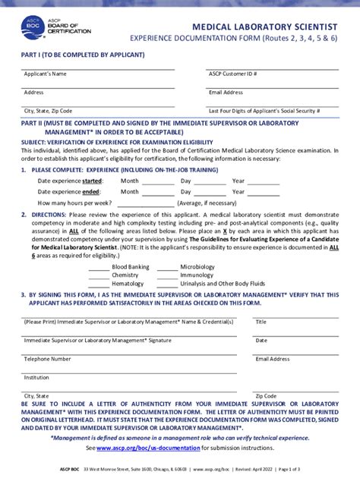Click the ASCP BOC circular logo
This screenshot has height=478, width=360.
coord(33,27)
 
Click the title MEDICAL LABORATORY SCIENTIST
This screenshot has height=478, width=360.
coord(264,25)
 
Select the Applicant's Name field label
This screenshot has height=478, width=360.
coord(46,74)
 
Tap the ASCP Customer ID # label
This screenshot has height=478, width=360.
coord(233,74)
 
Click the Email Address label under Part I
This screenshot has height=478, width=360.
coord(226,93)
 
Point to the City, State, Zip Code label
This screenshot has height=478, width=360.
coord(49,111)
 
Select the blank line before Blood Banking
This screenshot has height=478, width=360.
coord(99,267)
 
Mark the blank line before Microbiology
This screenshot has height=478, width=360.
coord(166,267)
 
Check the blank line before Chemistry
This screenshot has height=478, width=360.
coord(99,275)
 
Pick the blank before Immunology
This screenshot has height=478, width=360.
coord(166,275)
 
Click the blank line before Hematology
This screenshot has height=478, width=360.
coord(99,284)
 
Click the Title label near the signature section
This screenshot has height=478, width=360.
coord(261,322)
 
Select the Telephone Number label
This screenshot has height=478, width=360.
coord(47,359)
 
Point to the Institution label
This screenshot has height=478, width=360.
coord(36,377)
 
